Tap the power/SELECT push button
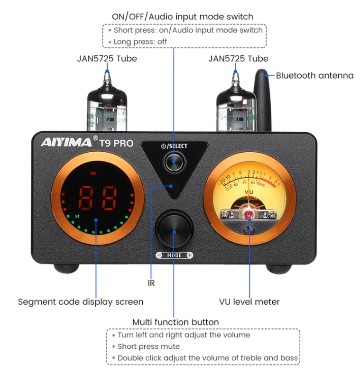point(174,163)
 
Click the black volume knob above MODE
point(175,231)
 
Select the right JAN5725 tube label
point(238,59)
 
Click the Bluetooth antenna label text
point(314,75)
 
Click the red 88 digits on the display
point(97,198)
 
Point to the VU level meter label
point(249,301)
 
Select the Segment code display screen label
point(81,301)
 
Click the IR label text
point(151,283)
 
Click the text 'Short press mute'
point(148,346)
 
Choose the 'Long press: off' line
point(140,42)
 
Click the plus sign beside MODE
point(190,255)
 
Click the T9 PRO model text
point(117,143)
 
